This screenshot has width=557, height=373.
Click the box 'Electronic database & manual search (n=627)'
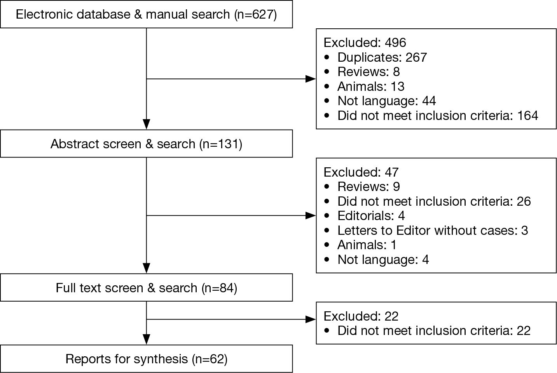147,14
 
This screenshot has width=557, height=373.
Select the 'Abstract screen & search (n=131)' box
147,144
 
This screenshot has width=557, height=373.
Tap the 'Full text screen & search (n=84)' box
147,288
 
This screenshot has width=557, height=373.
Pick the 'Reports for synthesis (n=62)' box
147,359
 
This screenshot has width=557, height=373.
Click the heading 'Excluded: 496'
365,42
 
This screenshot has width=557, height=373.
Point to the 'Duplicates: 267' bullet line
375,57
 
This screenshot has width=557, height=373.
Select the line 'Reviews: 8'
362,72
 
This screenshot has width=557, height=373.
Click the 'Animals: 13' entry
364,87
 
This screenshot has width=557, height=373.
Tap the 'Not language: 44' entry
380,101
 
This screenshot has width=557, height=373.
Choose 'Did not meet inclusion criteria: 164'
431,116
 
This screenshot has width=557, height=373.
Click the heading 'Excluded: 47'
361,172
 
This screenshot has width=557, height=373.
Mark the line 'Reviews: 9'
362,186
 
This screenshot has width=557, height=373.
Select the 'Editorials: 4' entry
365,215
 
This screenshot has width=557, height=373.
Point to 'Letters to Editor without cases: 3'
426,230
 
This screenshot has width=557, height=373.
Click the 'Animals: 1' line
360,245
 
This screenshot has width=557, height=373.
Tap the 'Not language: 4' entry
377,260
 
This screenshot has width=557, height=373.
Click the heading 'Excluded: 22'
361,316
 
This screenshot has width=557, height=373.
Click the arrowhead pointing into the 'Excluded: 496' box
311,79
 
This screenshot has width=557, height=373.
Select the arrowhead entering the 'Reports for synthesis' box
147,340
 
